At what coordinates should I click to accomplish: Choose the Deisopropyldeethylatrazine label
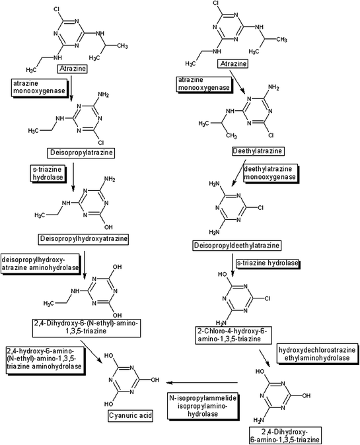coord(263,246)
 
